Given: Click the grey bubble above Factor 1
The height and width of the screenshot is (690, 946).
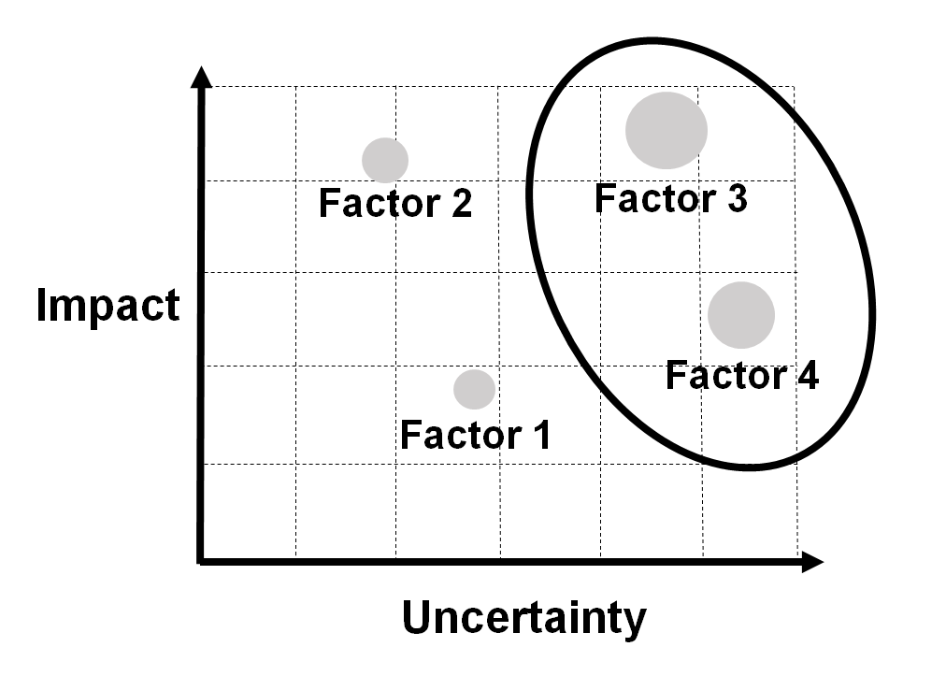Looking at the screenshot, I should click(x=474, y=389).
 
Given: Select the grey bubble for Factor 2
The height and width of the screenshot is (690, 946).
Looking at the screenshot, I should click(x=385, y=160).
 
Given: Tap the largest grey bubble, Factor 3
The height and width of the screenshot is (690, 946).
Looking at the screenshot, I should click(x=666, y=130).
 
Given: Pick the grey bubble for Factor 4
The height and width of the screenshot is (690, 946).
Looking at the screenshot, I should click(x=740, y=315).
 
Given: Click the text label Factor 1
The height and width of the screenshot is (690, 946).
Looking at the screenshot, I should click(x=475, y=435).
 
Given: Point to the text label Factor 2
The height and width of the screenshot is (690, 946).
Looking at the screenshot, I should click(x=395, y=203).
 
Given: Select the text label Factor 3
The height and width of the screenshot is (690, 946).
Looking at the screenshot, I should click(x=670, y=198).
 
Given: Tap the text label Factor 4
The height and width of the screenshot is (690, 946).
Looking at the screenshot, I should click(x=741, y=375).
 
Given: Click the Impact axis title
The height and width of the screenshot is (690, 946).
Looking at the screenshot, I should click(x=107, y=307).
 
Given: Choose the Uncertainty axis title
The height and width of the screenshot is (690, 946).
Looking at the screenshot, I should click(x=524, y=618).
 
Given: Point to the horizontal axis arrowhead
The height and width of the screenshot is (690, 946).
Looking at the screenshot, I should click(x=811, y=562).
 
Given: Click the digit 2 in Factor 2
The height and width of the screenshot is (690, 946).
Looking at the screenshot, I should click(x=459, y=203).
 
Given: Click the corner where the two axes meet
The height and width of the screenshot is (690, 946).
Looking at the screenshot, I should click(x=201, y=561).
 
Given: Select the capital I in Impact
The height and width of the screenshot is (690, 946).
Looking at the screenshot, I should click(x=43, y=307).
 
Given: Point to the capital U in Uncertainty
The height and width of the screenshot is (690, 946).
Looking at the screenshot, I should click(x=418, y=617).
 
